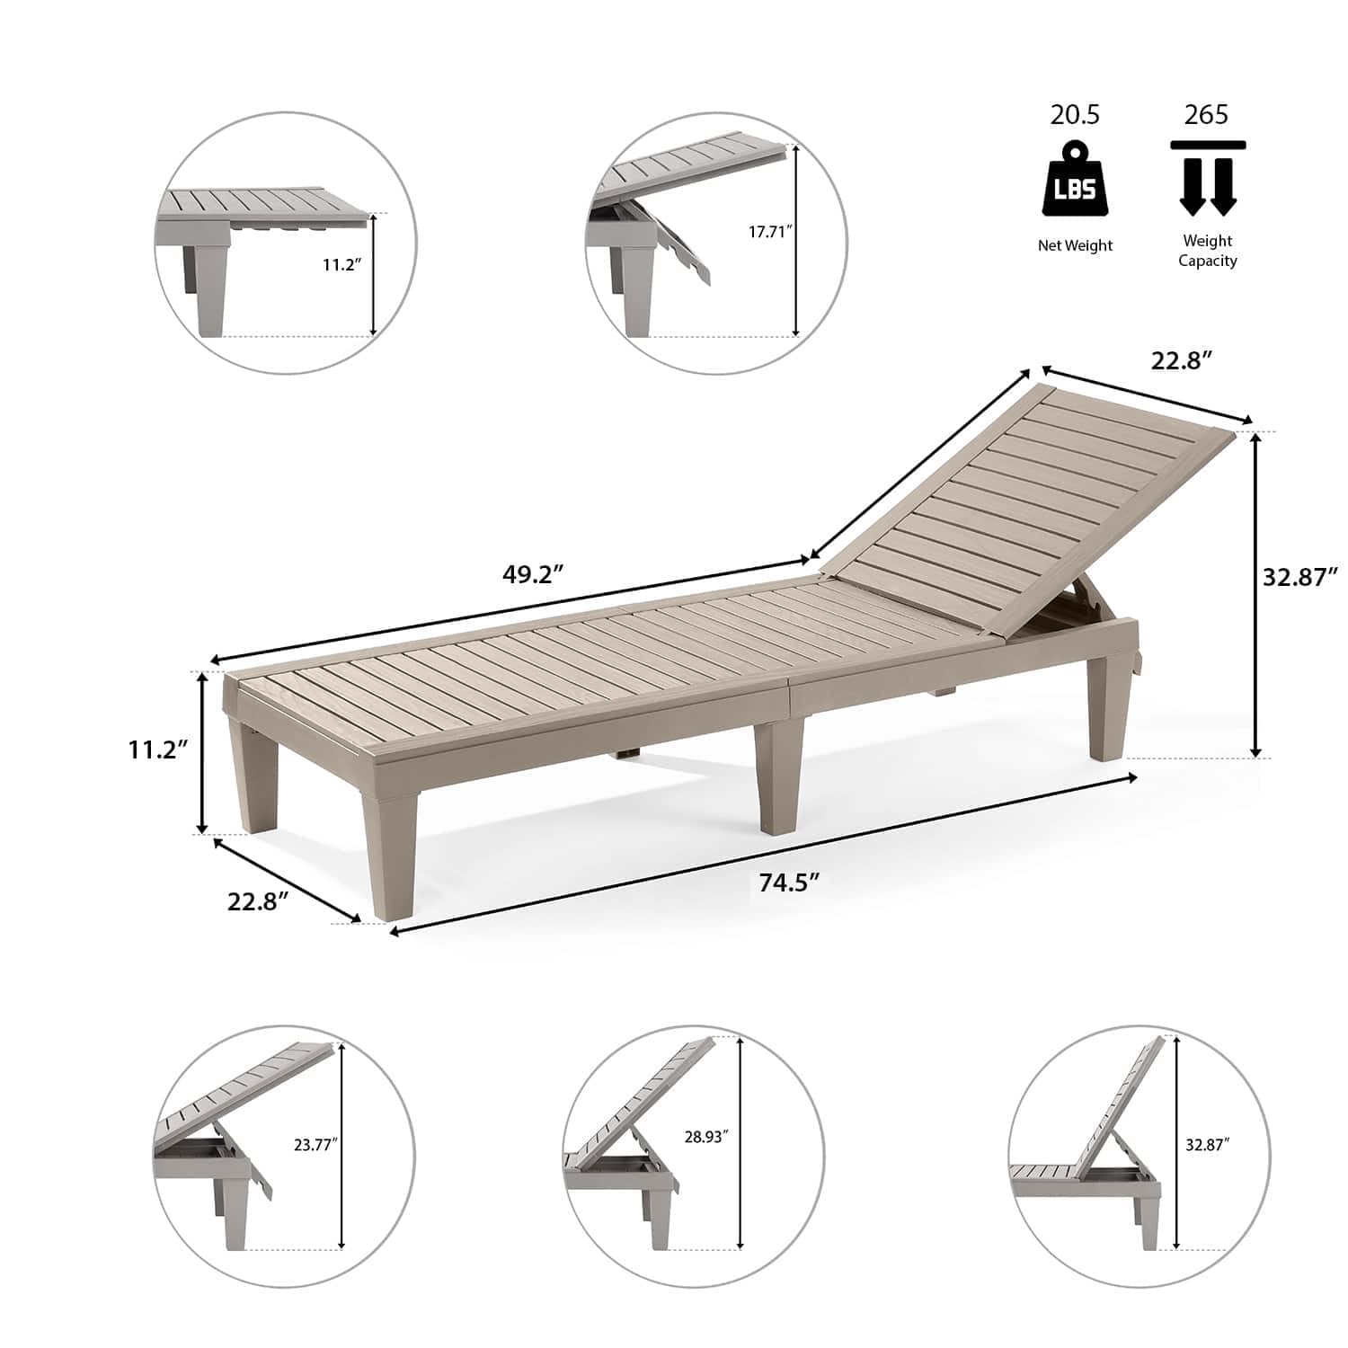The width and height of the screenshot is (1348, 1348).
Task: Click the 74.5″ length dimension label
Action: [x=790, y=882]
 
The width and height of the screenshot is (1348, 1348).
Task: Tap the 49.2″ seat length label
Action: [x=532, y=574]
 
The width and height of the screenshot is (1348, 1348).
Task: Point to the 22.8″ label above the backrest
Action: [x=1183, y=360]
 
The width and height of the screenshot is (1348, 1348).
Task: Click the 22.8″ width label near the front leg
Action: [x=257, y=901]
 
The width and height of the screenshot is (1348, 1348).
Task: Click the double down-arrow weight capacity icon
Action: [x=1208, y=178]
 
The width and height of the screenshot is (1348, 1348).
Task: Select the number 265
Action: [x=1206, y=115]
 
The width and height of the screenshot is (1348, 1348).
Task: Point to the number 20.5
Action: [x=1075, y=115]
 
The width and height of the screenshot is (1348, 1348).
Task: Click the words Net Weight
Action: [x=1075, y=245]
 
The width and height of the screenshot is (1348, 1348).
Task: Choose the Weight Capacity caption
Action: [x=1208, y=251]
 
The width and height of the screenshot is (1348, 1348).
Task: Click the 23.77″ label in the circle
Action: [x=315, y=1145]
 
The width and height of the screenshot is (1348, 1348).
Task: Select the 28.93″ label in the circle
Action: [x=705, y=1137]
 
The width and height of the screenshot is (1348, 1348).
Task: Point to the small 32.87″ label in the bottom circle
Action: [x=1207, y=1145]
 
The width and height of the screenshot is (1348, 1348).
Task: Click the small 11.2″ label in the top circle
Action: [x=341, y=265]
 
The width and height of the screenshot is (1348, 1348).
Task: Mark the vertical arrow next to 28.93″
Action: [x=740, y=1142]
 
